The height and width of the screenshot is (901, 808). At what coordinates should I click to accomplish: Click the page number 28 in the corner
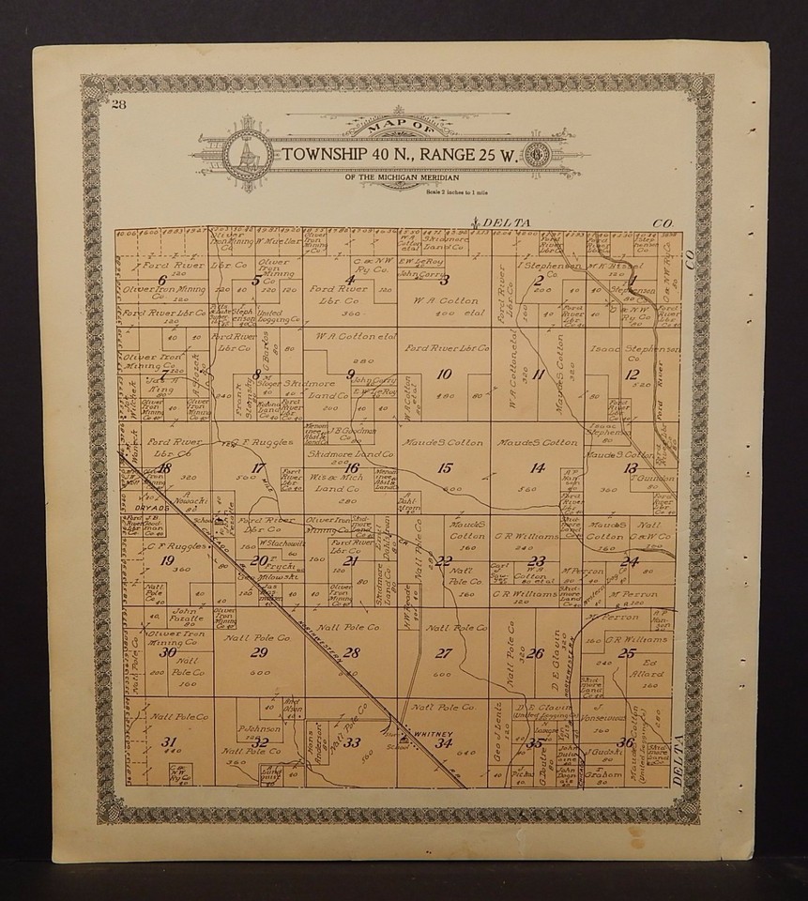(118, 104)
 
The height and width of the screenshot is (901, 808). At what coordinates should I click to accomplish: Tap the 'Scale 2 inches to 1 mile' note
(451, 189)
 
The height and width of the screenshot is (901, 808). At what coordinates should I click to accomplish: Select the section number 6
(163, 279)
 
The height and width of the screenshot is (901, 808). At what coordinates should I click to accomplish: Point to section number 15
(445, 467)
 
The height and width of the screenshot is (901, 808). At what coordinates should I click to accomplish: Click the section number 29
(259, 653)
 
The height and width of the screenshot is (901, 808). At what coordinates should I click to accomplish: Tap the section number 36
(625, 742)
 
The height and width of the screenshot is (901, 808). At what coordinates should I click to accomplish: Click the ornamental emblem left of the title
(250, 153)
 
